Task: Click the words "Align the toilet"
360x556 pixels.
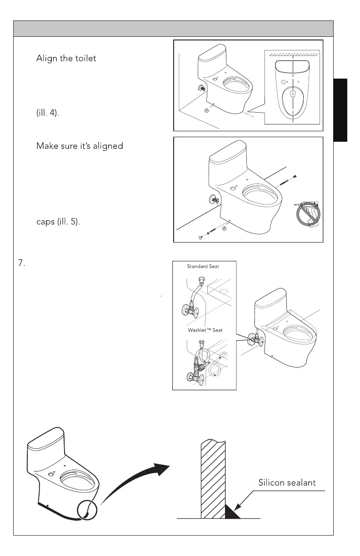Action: pyautogui.click(x=66, y=59)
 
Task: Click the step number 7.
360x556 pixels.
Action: pyautogui.click(x=21, y=264)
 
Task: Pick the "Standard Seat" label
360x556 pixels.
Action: pyautogui.click(x=203, y=267)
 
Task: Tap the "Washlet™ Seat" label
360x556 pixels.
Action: pyautogui.click(x=205, y=330)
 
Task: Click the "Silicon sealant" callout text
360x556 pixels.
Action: pyautogui.click(x=287, y=482)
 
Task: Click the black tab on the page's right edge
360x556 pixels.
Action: pyautogui.click(x=340, y=110)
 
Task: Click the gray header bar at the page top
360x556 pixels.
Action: pyautogui.click(x=173, y=28)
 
